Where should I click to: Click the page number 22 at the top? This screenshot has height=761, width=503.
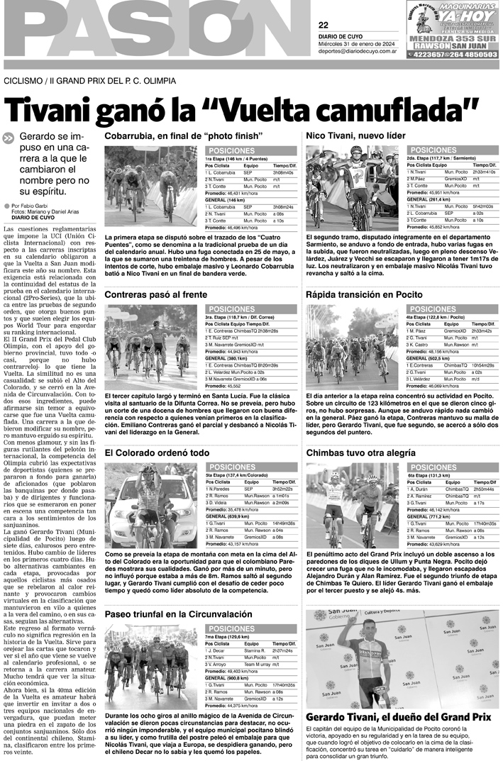(324, 24)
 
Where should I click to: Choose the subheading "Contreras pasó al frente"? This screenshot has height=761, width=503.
(155, 294)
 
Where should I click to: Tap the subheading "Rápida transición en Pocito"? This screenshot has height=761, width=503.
(365, 294)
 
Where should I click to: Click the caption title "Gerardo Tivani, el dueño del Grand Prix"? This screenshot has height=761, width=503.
(398, 717)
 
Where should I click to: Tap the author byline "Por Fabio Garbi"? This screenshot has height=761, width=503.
(31, 206)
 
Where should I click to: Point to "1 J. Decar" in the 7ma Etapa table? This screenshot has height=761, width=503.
(216, 650)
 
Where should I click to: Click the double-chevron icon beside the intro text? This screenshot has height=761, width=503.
(9, 138)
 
